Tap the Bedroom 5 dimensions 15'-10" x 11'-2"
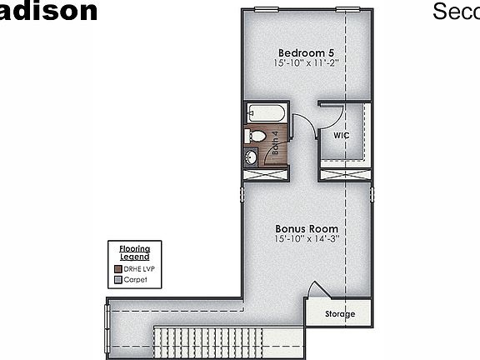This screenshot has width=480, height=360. pyautogui.click(x=307, y=62)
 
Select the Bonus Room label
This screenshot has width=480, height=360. pyautogui.click(x=307, y=227)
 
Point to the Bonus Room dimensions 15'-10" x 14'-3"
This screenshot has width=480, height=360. pyautogui.click(x=307, y=239)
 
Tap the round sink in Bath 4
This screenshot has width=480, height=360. pyautogui.click(x=251, y=156)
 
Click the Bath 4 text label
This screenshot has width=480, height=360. pyautogui.click(x=274, y=144)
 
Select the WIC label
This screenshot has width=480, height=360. pyautogui.click(x=341, y=134)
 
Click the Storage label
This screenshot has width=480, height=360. pyautogui.click(x=339, y=314)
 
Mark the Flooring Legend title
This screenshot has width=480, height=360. pyautogui.click(x=134, y=252)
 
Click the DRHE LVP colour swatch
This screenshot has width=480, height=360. pyautogui.click(x=117, y=269)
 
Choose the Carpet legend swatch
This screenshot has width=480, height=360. pyautogui.click(x=117, y=280)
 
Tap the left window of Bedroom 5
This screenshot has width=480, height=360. pyautogui.click(x=266, y=9)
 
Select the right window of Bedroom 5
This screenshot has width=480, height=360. pyautogui.click(x=348, y=9)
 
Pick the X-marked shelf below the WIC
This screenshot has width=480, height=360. pyautogui.click(x=344, y=173)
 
